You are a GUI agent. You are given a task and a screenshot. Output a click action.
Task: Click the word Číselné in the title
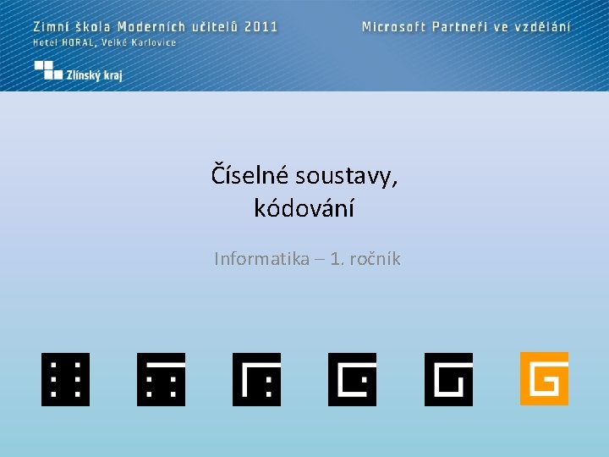[x=250, y=176]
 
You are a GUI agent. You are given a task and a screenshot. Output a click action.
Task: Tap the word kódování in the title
[x=304, y=208]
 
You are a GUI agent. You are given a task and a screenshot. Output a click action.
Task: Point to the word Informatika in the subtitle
[x=261, y=259]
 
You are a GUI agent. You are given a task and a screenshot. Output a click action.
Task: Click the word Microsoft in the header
[x=393, y=26]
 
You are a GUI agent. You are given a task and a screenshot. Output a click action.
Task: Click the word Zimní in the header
[x=52, y=26]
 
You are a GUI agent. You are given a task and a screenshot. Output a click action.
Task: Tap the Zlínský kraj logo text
[x=95, y=75]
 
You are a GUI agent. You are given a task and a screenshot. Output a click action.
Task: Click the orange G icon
[x=544, y=378]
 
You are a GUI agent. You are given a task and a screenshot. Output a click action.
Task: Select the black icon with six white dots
[x=65, y=379]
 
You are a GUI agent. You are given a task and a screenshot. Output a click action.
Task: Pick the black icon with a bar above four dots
[x=161, y=379]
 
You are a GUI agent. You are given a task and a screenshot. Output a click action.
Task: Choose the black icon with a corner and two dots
[x=256, y=379]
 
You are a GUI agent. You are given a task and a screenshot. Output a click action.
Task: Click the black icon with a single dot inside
[x=352, y=379]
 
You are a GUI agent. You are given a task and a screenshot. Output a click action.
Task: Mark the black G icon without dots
[x=448, y=379]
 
